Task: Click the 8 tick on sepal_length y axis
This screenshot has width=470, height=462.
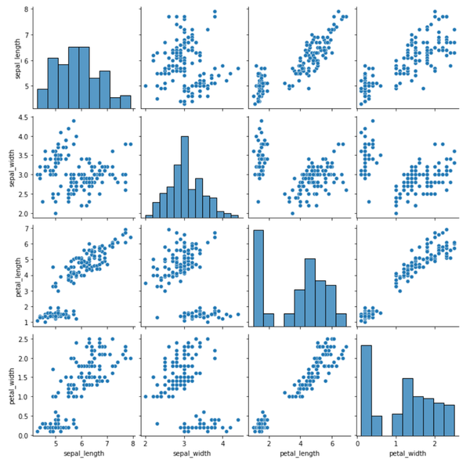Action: tap(25, 9)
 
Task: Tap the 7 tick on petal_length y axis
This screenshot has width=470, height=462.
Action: tap(25, 228)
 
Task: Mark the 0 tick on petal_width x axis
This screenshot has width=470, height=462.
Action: tap(358, 443)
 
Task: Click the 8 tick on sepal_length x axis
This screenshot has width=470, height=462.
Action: tap(132, 443)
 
